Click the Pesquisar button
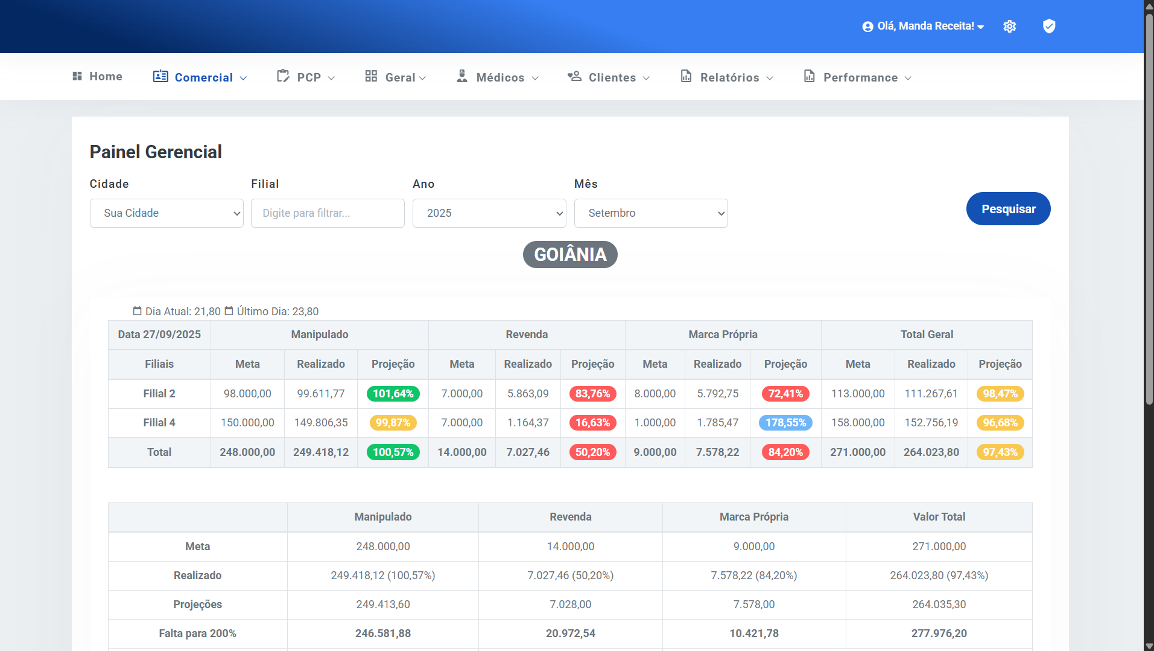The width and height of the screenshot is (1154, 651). [x=1008, y=209]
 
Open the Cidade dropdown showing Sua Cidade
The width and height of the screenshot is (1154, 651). [x=166, y=213]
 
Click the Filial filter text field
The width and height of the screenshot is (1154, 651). [x=328, y=213]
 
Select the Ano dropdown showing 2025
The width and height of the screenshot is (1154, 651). [x=489, y=213]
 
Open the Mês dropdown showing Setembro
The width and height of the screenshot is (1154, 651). [x=651, y=213]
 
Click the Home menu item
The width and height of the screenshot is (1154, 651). [x=98, y=77]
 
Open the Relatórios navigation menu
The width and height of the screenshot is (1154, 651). [x=727, y=77]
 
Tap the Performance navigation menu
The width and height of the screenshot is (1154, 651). [x=858, y=77]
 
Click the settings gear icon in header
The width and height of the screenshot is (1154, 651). [x=1010, y=27]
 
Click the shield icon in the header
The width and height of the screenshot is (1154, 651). [x=1049, y=26]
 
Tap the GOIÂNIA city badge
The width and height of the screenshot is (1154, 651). [x=570, y=255]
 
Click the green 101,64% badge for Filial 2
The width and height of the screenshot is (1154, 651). [x=393, y=394]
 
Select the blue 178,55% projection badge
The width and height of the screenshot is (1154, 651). [x=785, y=423]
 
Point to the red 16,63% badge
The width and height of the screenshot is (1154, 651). [x=592, y=423]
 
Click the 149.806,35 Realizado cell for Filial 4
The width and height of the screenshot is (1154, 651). [x=321, y=423]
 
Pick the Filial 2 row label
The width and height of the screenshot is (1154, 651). [x=159, y=394]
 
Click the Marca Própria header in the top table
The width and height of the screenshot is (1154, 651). [x=723, y=335]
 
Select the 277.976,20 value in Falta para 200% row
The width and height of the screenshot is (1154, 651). [x=939, y=633]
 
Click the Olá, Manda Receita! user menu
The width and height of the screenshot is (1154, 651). [x=924, y=27]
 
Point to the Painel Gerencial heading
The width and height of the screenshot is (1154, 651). [x=156, y=152]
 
